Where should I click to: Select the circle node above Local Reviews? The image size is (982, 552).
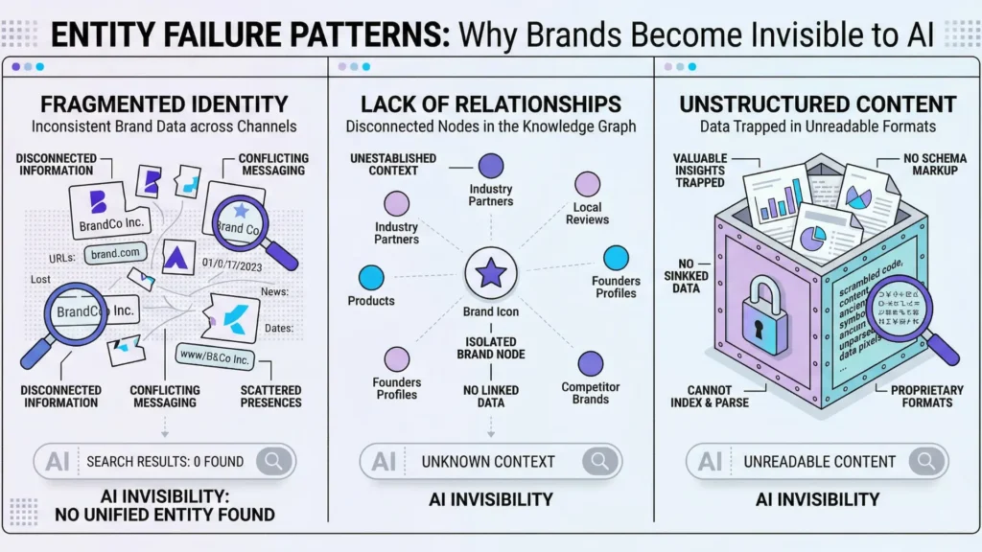(x=587, y=184)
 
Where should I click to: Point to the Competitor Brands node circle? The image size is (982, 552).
(x=590, y=364)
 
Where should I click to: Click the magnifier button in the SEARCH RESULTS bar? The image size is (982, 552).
(x=273, y=461)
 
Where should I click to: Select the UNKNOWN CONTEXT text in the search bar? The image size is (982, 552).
(x=488, y=461)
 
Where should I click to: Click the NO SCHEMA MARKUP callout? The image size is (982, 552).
(x=934, y=164)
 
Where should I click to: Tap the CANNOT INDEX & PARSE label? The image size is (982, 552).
(x=711, y=396)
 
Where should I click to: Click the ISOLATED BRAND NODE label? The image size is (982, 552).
(x=490, y=348)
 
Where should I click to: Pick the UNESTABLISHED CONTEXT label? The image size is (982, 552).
(x=394, y=164)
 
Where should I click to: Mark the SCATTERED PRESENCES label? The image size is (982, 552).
(x=269, y=396)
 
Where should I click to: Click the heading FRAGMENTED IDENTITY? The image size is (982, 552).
(x=165, y=104)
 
